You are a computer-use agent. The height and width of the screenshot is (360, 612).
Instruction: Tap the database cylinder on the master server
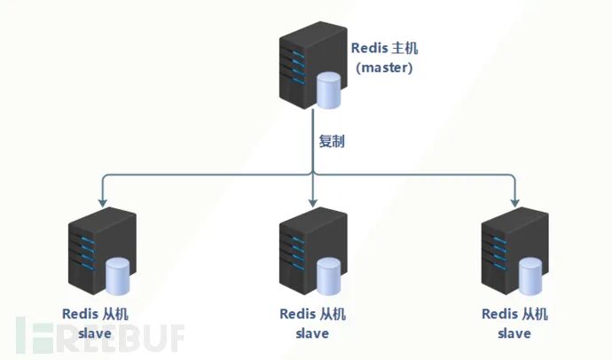click(328, 90)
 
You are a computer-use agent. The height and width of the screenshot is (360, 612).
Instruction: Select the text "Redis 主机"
click(384, 49)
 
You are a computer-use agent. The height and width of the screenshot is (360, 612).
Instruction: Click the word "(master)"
click(384, 67)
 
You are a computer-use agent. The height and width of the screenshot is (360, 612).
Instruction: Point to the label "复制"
click(332, 141)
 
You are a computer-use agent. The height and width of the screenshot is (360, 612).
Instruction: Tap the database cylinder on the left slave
click(117, 276)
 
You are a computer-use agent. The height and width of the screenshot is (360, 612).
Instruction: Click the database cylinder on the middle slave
click(328, 276)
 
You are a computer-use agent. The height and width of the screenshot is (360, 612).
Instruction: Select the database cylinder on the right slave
click(530, 276)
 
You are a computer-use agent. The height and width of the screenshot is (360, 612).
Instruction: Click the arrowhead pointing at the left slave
click(103, 203)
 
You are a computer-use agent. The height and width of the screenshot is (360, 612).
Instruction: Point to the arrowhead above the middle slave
click(312, 203)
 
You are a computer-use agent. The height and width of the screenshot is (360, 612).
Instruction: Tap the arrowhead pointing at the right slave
click(514, 203)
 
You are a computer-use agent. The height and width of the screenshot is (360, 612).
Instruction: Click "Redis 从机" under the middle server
click(312, 314)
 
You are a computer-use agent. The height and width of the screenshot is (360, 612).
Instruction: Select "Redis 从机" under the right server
click(514, 314)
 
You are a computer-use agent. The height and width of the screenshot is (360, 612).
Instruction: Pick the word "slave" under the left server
click(95, 333)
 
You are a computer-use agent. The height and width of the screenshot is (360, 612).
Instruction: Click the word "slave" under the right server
click(514, 333)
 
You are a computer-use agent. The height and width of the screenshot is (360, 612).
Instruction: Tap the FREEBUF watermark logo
click(100, 335)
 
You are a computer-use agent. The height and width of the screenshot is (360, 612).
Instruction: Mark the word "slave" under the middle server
click(312, 333)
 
